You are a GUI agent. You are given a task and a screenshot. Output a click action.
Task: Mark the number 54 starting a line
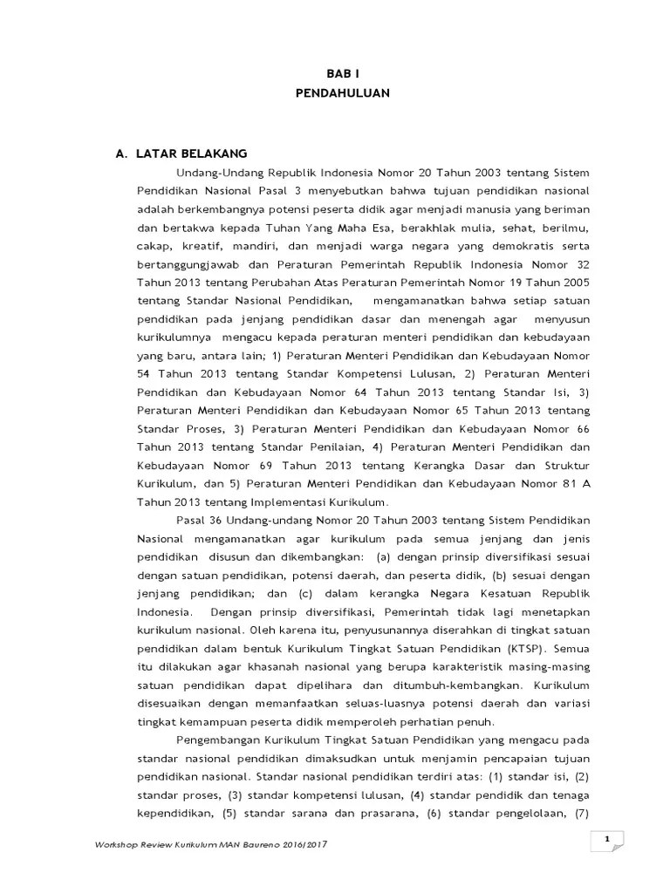pos(145,374)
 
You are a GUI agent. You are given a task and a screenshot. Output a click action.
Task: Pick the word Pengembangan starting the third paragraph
pos(216,740)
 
